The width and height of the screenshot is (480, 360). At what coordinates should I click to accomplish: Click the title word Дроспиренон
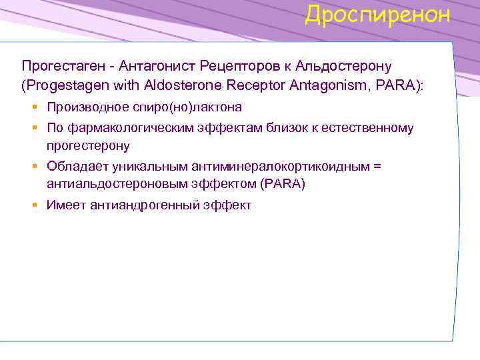coord(377,15)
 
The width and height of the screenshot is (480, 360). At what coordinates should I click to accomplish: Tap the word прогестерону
coord(88,145)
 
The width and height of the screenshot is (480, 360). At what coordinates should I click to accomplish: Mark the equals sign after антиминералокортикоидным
coord(377,166)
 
